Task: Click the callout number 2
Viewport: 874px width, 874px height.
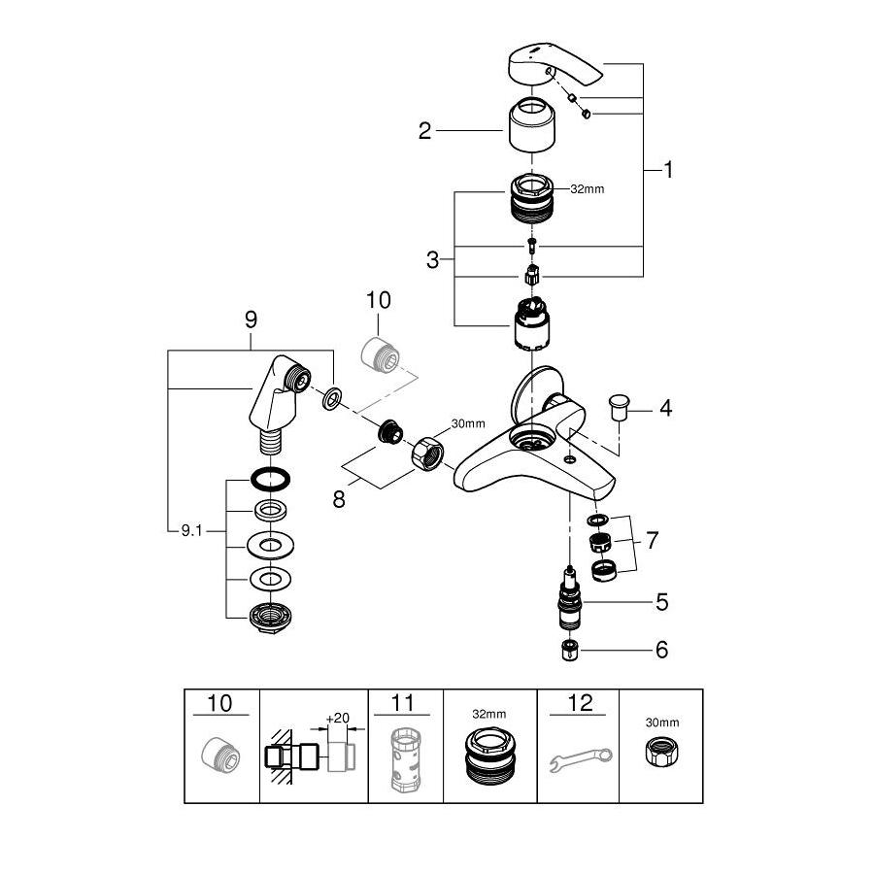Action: click(x=424, y=130)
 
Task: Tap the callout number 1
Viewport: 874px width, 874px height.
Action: click(x=668, y=169)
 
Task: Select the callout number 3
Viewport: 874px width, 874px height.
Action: click(x=432, y=259)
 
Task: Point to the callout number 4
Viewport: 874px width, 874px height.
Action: click(x=665, y=408)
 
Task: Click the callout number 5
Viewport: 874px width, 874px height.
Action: click(x=661, y=602)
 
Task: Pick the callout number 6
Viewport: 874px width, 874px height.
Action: click(x=661, y=649)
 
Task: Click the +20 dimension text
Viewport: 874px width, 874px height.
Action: click(x=337, y=718)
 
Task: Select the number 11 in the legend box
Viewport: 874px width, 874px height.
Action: click(x=405, y=701)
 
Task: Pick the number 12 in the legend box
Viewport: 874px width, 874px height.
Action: click(x=579, y=701)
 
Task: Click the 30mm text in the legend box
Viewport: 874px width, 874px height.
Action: click(x=661, y=722)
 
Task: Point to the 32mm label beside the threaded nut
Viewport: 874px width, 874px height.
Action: click(x=587, y=188)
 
